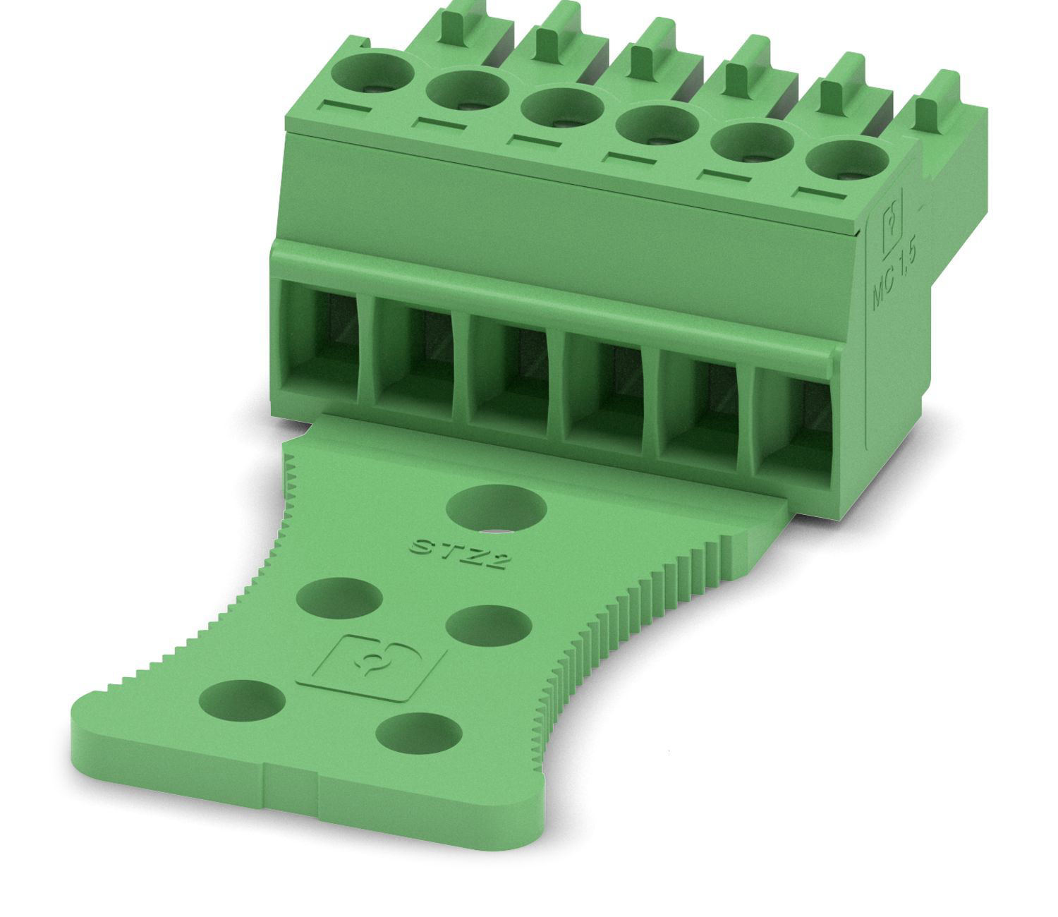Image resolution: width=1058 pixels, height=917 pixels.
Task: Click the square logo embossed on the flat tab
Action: (371, 668)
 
